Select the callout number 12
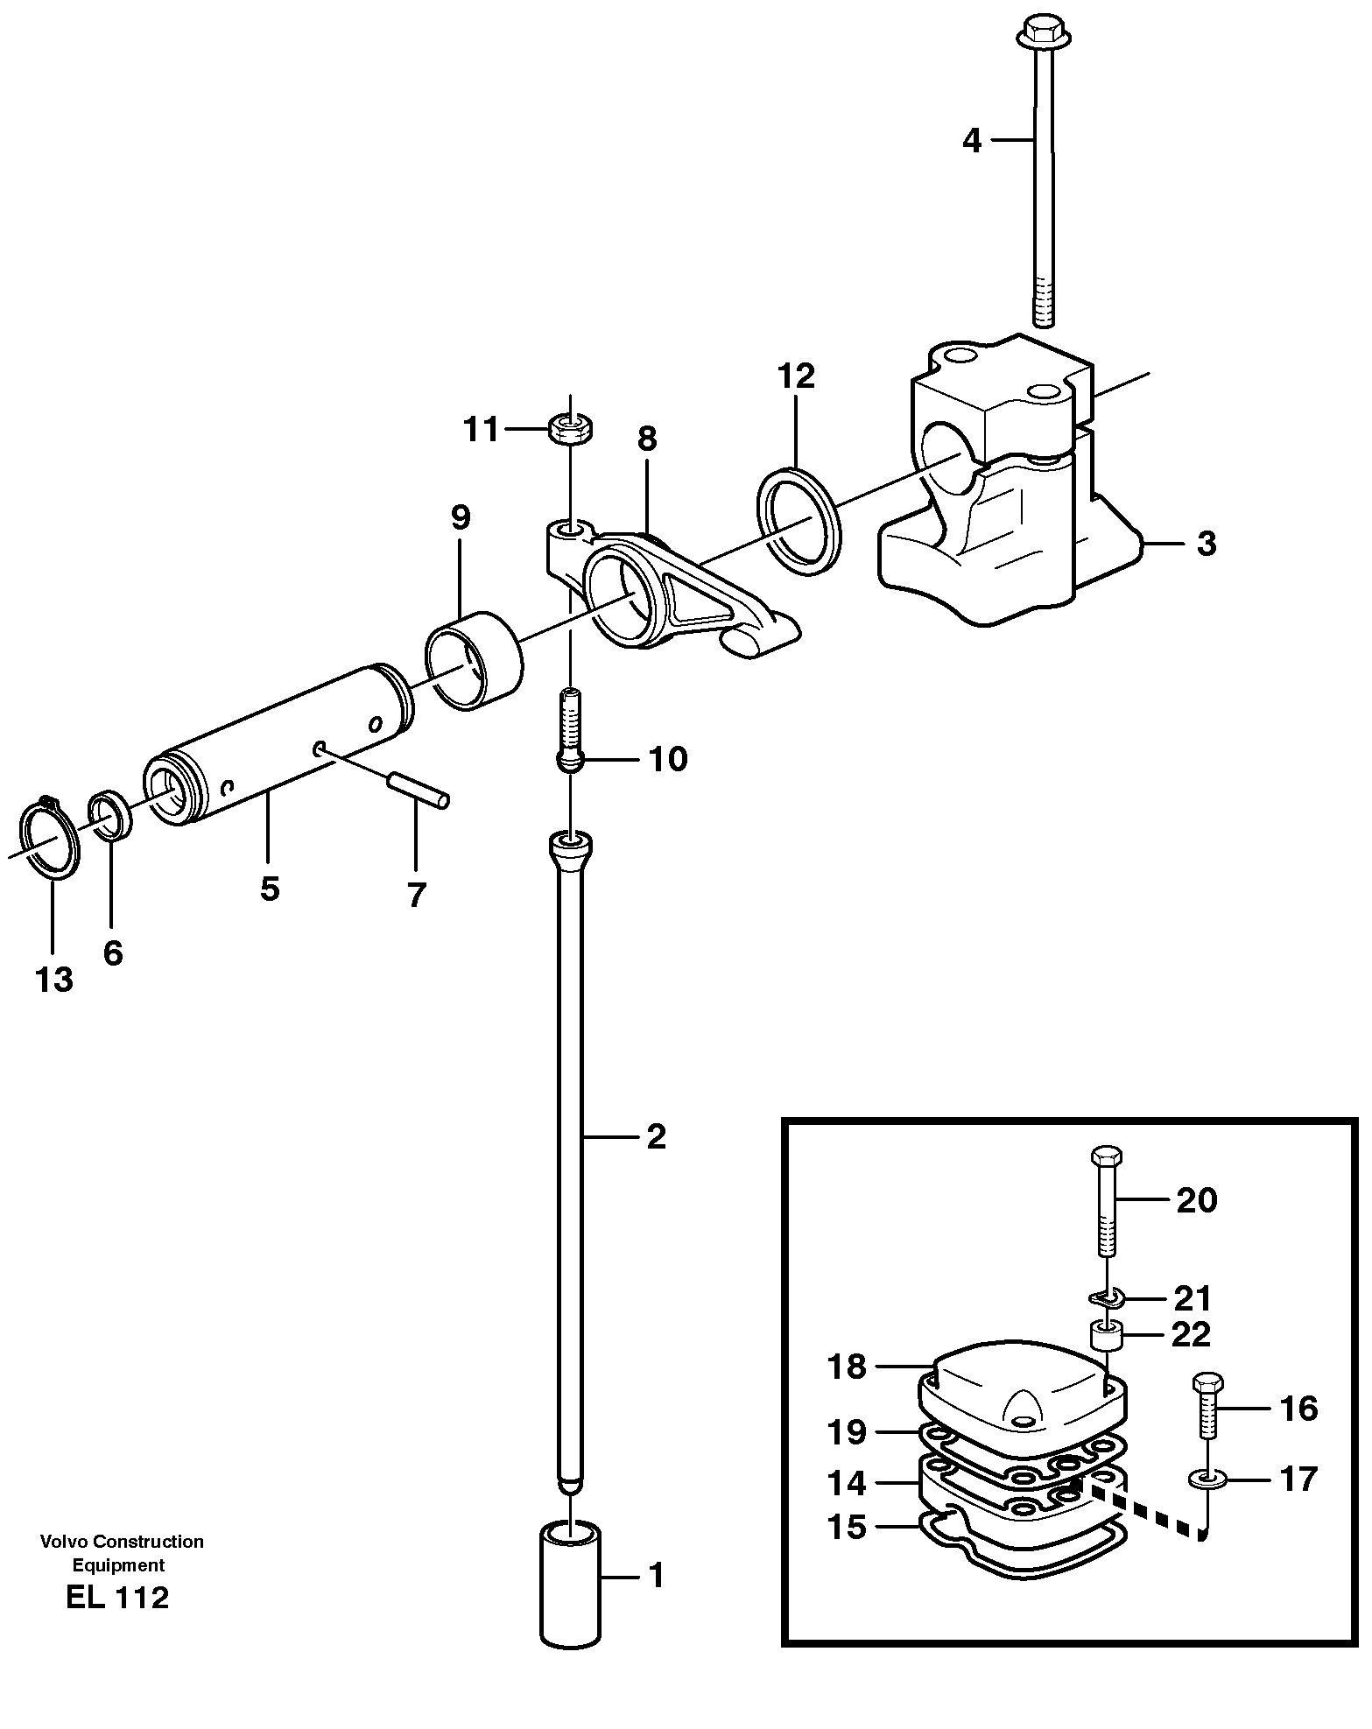(796, 376)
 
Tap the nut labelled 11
(571, 429)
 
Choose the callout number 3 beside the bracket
(1206, 544)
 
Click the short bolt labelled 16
(1207, 1409)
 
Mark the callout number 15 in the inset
(846, 1527)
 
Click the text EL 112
(116, 1598)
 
